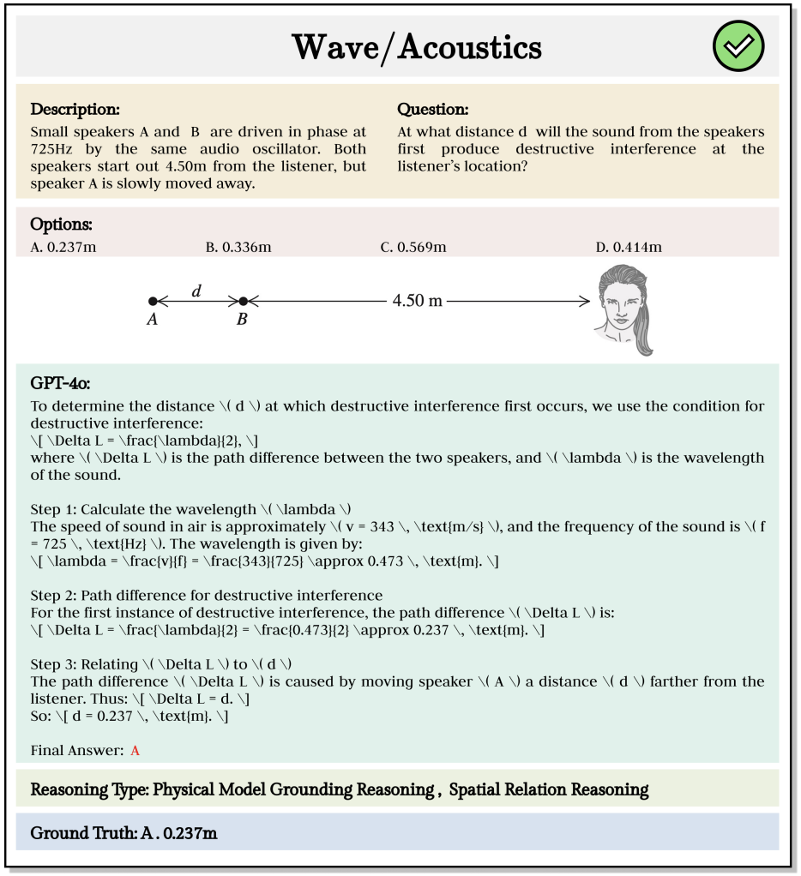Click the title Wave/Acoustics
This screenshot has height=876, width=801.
(417, 47)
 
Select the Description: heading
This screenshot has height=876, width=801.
(75, 110)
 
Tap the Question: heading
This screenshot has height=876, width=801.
(433, 110)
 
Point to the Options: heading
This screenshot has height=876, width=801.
(62, 225)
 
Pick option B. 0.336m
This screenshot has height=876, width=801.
(238, 248)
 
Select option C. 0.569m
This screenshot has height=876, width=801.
(413, 248)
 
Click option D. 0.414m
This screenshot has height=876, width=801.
(629, 248)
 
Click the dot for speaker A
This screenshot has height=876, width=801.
(153, 301)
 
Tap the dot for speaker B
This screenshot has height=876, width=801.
(243, 301)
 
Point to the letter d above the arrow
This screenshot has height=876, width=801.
(196, 291)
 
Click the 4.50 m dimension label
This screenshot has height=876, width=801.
(417, 301)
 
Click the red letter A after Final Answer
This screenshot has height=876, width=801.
(135, 751)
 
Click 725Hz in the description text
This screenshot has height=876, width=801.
(51, 149)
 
